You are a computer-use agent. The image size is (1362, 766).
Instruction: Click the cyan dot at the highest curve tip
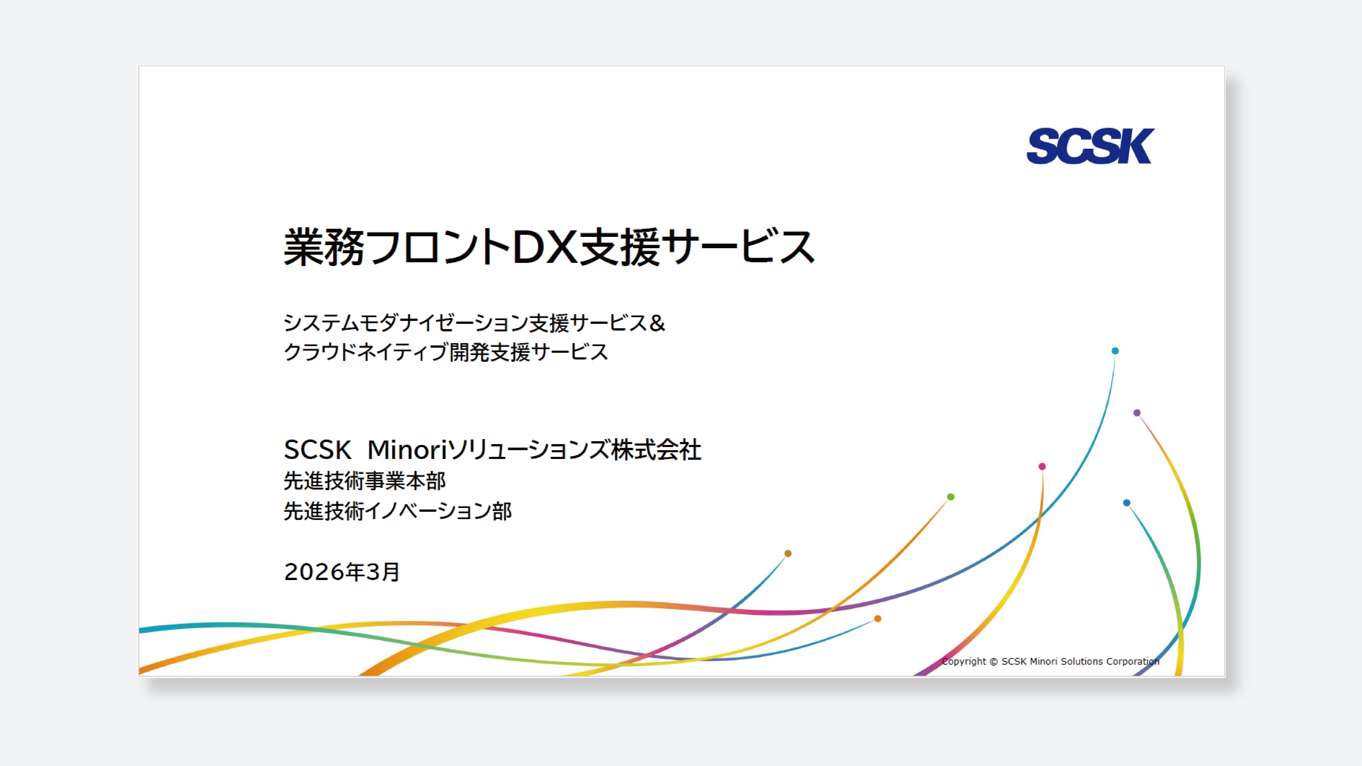1115,350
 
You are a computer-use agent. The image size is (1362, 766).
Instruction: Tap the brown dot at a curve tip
788,553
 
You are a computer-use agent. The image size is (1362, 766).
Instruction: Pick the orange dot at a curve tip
878,618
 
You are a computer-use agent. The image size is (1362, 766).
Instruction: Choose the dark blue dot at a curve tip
1127,503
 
